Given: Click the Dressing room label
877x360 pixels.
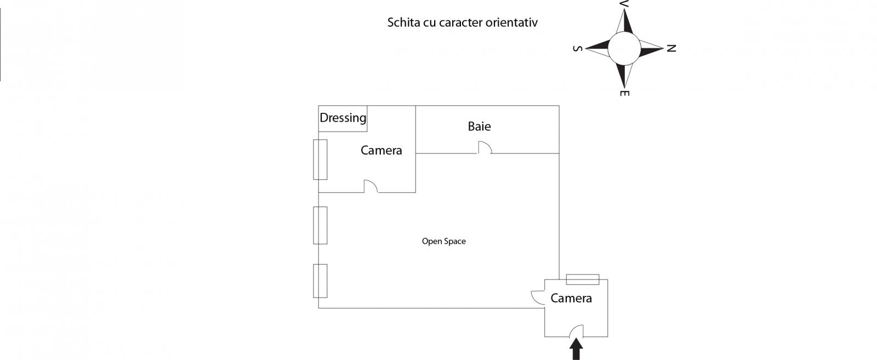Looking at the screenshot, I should (x=343, y=118).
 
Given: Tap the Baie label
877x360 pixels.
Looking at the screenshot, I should (x=479, y=127).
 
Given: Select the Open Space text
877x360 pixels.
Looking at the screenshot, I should (x=443, y=241).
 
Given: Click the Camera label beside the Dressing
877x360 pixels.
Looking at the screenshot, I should (x=381, y=150).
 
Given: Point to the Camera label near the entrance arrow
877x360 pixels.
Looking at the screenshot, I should (x=571, y=298).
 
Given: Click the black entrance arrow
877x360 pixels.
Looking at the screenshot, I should (x=576, y=349).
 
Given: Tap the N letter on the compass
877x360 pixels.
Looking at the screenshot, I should (x=671, y=48).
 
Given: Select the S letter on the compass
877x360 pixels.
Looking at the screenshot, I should (x=577, y=48).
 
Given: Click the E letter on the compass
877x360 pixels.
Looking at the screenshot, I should (x=624, y=93).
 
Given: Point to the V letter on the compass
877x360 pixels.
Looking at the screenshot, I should (x=624, y=4).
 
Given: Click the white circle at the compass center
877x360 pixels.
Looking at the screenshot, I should (x=624, y=48).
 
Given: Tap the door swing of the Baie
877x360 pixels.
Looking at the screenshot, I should (x=485, y=147).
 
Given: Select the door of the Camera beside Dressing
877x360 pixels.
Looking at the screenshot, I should (x=371, y=187).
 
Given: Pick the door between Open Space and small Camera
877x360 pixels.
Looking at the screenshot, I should (x=538, y=297).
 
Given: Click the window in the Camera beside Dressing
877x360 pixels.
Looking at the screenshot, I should (x=320, y=159).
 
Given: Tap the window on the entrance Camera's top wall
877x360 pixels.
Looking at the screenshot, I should (x=582, y=279).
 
